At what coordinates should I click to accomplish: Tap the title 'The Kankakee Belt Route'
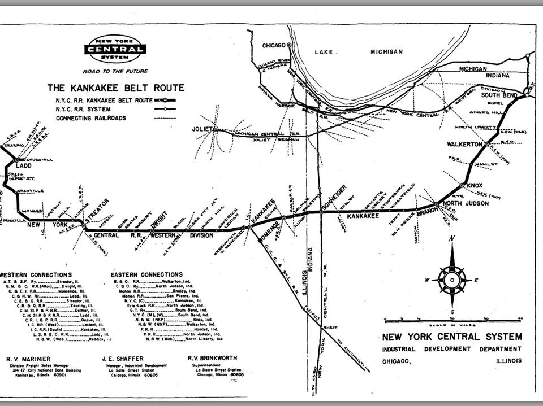(x=115, y=88)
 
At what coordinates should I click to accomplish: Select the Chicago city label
(x=275, y=45)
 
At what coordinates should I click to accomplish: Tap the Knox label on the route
(x=475, y=185)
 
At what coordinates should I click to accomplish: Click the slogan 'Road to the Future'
(x=115, y=72)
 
